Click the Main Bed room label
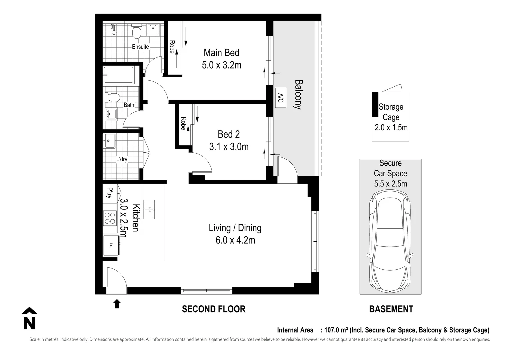click(x=221, y=53)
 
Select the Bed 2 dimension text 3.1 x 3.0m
click(x=229, y=147)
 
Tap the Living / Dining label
click(x=235, y=228)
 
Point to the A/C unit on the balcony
click(x=280, y=98)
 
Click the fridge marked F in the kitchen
click(x=111, y=245)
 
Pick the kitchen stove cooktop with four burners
click(x=110, y=218)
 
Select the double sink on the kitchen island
click(x=149, y=210)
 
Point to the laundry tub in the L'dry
click(x=109, y=141)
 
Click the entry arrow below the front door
click(x=117, y=304)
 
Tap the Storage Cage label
click(x=391, y=112)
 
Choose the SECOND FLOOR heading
click(x=214, y=309)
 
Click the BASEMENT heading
click(x=391, y=309)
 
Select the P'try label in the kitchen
click(x=109, y=193)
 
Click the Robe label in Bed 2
click(x=183, y=123)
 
